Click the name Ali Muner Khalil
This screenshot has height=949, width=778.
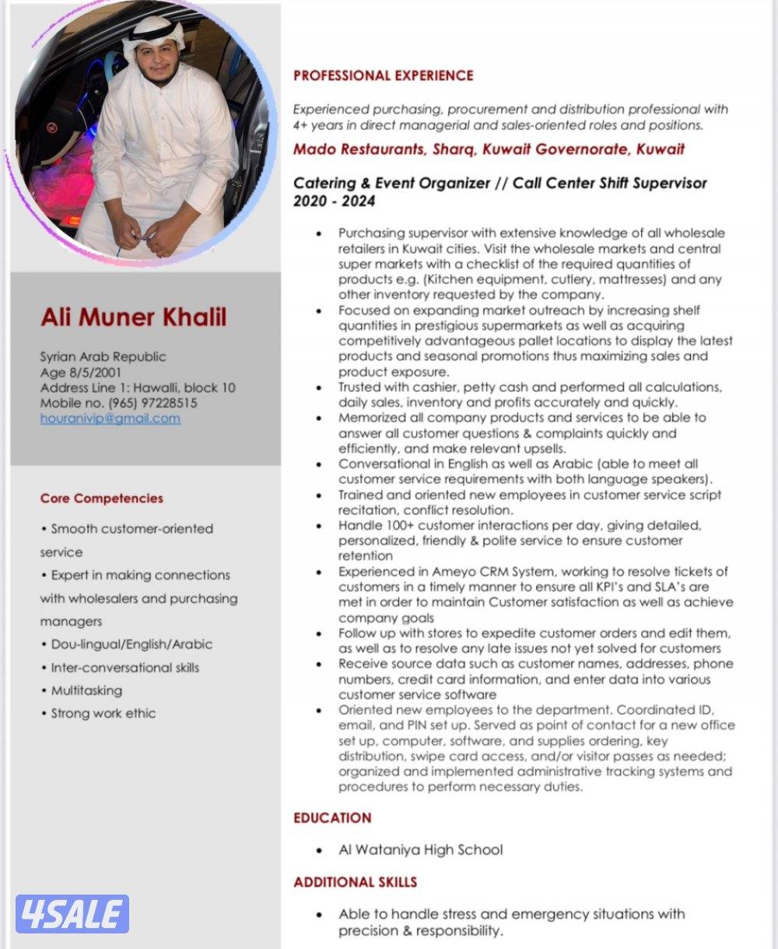[133, 317]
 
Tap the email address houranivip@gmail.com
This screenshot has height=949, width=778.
[110, 418]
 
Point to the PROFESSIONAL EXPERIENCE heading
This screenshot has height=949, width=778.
[383, 75]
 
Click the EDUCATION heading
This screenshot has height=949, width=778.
[332, 818]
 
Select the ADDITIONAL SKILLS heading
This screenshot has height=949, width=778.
[355, 882]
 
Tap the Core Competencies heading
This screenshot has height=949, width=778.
[102, 498]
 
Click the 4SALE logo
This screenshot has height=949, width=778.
[72, 914]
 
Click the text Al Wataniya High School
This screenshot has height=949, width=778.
[420, 849]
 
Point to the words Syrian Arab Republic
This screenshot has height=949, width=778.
[103, 356]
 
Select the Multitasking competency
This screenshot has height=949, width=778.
[86, 690]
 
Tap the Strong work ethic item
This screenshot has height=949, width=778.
[103, 713]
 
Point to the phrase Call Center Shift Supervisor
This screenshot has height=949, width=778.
[609, 184]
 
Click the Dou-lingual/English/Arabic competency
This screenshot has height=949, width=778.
[131, 644]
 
